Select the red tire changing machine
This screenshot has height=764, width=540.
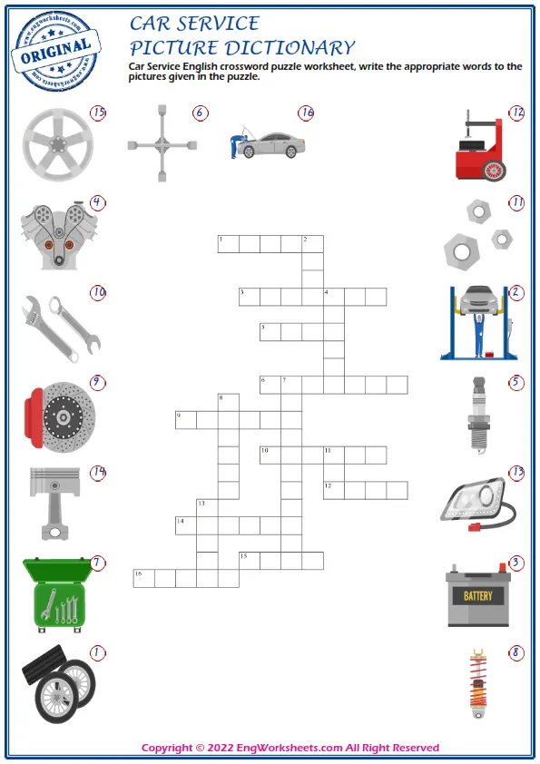coord(479,147)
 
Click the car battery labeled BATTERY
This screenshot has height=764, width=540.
coord(478,596)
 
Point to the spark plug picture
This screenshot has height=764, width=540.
coord(479,416)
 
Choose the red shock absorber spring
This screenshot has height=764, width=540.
coord(479,682)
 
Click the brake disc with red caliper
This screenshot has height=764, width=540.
coord(58,416)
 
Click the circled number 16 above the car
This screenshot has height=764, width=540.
coord(306,113)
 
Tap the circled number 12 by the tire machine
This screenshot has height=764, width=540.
coord(516,113)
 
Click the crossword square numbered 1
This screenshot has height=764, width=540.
coord(228,243)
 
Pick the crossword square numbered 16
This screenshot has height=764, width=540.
coord(143,578)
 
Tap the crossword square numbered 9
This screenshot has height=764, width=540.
coord(185,419)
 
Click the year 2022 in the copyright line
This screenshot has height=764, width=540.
coord(221,748)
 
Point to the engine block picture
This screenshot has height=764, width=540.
coord(56,235)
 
